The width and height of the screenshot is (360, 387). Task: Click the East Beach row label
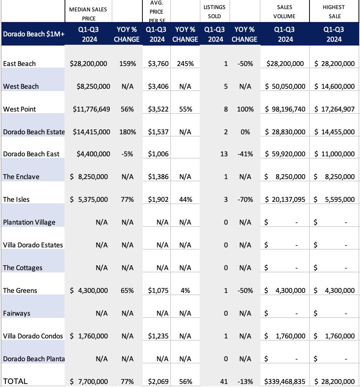tap(19, 64)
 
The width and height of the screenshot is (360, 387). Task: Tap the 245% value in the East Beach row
tap(185, 64)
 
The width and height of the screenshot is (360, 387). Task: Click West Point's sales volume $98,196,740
tap(285, 109)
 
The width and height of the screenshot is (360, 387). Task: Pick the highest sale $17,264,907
tap(335, 109)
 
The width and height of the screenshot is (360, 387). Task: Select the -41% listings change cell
tap(245, 154)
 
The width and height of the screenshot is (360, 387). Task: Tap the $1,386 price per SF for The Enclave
tap(158, 177)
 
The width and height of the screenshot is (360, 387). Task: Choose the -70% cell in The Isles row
tap(245, 200)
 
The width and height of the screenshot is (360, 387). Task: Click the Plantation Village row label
tap(29, 222)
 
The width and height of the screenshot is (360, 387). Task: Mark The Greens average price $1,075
tap(158, 291)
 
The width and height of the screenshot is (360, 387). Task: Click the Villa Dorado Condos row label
tap(33, 336)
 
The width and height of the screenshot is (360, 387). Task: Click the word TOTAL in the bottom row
tap(16, 381)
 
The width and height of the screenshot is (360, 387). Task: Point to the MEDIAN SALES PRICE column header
tap(88, 14)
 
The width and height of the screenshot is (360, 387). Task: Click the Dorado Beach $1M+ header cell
tap(33, 34)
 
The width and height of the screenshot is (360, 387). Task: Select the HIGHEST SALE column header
tap(334, 12)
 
